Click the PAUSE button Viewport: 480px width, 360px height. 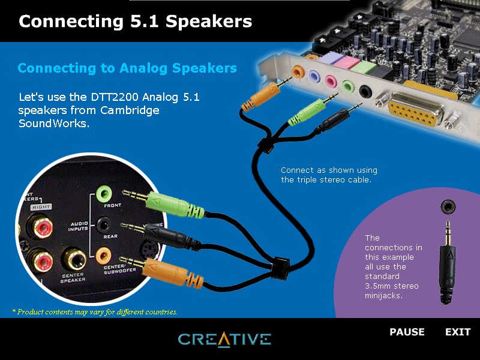[407, 332]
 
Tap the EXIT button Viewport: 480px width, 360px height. [458, 332]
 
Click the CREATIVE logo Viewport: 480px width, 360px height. [224, 339]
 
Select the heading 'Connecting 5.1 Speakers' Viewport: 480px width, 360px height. [135, 22]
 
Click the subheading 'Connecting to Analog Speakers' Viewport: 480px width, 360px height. [127, 68]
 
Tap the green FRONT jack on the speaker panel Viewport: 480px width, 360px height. [104, 193]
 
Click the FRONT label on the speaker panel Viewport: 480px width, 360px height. [112, 206]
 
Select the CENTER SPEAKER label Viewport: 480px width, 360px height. [72, 277]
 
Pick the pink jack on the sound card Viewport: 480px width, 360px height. [330, 80]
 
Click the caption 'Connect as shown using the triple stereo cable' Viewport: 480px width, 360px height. [329, 175]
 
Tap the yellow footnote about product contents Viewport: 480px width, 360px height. [95, 312]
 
